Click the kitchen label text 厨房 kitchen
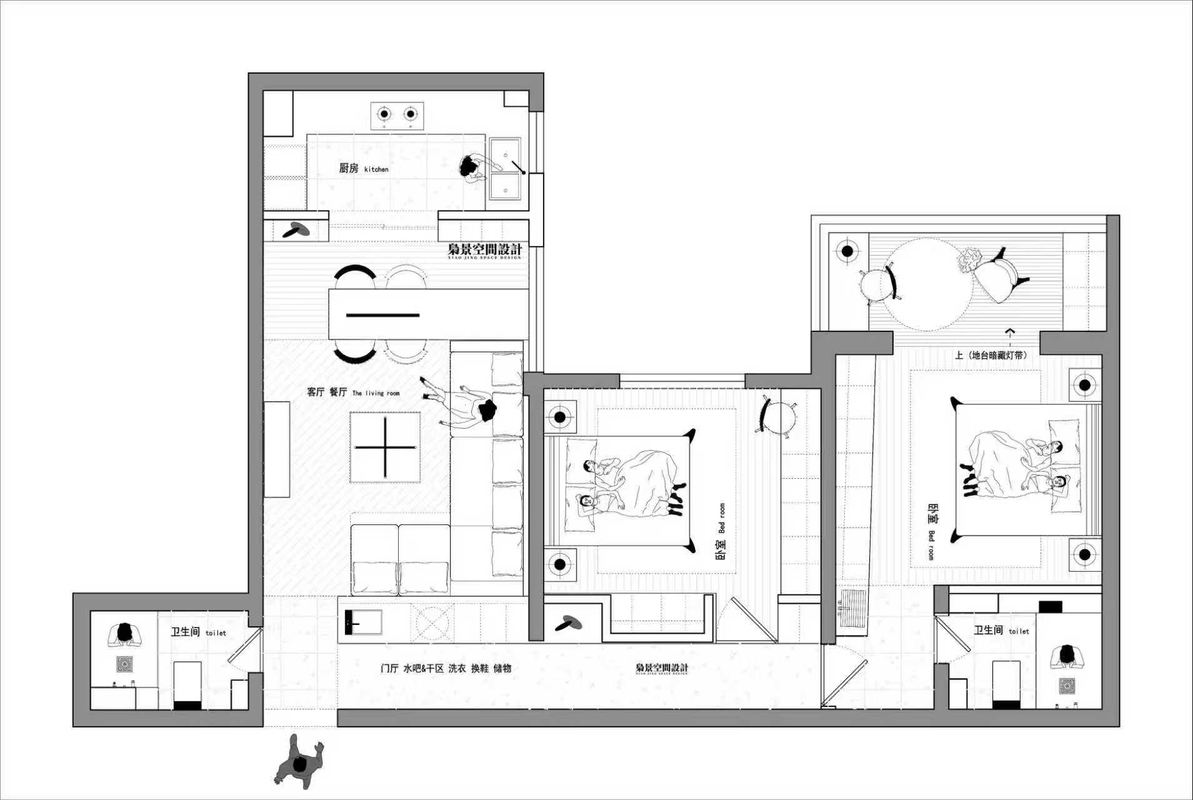point(363,168)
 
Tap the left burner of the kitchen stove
point(383,114)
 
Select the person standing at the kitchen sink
point(473,168)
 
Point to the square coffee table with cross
point(385,447)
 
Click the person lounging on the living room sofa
point(466,406)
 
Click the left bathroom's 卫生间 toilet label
point(198,632)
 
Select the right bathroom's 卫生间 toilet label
point(1001,631)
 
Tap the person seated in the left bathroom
point(125,634)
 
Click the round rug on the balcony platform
point(929,284)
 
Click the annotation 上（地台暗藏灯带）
point(991,355)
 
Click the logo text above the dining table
point(484,250)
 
